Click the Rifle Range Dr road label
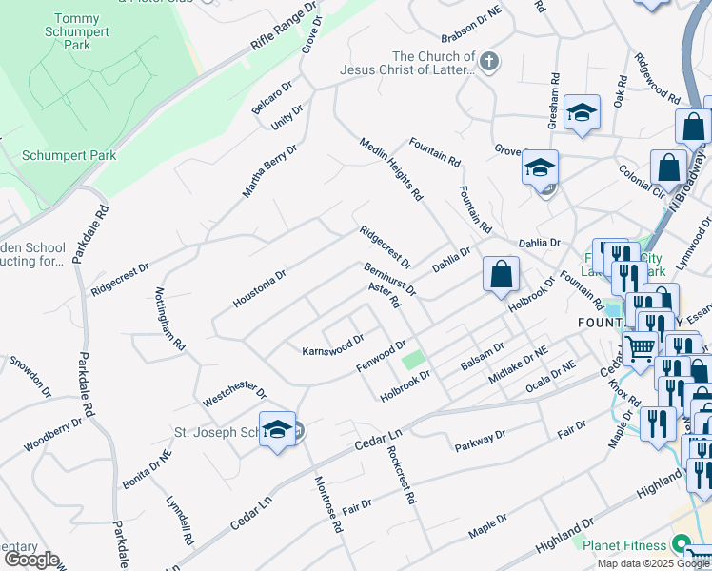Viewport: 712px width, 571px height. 284,28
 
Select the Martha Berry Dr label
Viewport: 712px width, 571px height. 269,171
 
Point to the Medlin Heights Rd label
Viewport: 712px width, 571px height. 390,169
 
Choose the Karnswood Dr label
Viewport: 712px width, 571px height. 333,345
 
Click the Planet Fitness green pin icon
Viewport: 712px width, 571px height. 680,543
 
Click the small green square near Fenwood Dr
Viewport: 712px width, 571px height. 412,361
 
